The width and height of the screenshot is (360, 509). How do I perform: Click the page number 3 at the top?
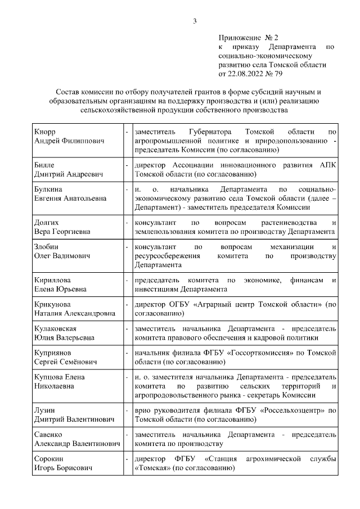pos(195,21)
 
